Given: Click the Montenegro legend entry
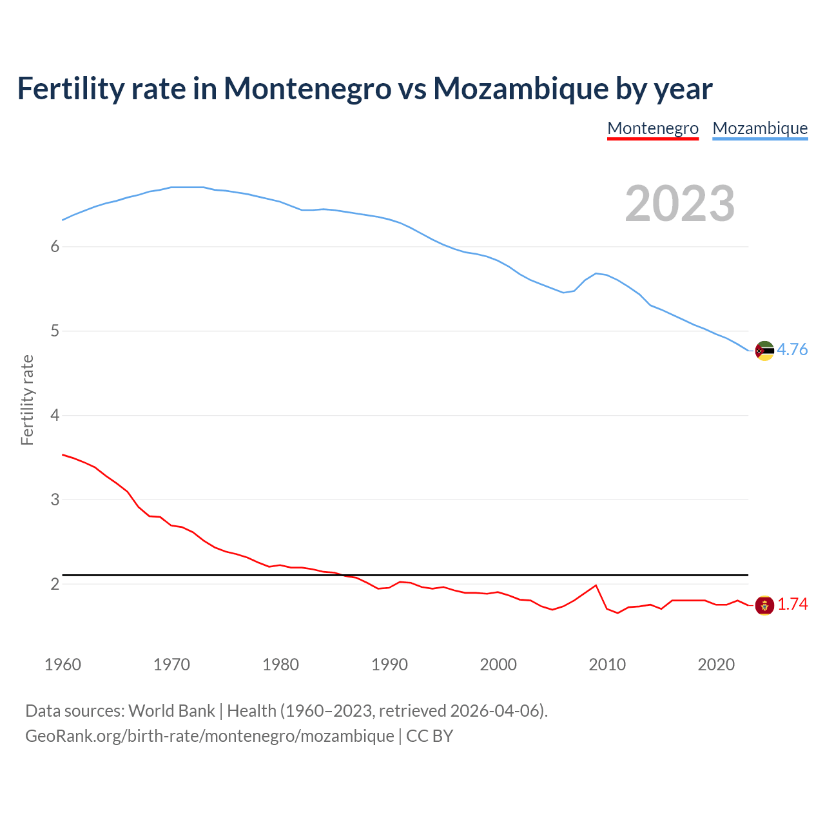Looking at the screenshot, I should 652,128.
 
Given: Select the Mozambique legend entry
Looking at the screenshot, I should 760,128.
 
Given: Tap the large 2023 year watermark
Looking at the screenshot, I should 680,204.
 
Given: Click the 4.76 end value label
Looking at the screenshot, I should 792,349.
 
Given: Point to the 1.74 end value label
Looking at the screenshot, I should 792,604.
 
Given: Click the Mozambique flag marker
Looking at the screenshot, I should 764,351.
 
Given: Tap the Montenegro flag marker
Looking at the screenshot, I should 764,605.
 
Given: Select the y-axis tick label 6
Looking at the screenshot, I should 55,246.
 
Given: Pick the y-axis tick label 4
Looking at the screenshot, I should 55,415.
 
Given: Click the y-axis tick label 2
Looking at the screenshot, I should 55,584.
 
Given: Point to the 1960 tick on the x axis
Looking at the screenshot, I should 63,665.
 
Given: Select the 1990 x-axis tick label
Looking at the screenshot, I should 389,665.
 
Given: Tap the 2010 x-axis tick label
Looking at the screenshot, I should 607,665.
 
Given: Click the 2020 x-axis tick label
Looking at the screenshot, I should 716,665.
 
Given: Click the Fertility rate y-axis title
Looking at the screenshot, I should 27,400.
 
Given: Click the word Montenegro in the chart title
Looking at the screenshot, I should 307,88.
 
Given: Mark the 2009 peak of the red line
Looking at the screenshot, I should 596,585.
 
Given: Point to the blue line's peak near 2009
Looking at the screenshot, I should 596,273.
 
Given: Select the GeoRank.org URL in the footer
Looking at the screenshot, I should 209,736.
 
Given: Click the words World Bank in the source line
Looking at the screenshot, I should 171,711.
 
